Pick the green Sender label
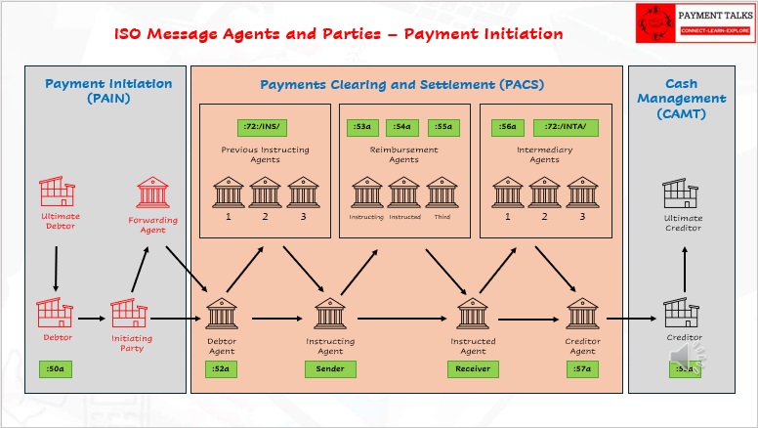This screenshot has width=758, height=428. click(x=330, y=368)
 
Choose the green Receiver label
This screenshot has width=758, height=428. click(x=473, y=368)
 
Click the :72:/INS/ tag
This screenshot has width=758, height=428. click(x=262, y=127)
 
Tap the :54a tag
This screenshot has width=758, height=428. click(x=401, y=127)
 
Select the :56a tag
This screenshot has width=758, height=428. click(x=509, y=127)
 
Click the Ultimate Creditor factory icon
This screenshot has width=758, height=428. click(x=682, y=193)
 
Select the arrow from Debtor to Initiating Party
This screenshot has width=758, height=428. click(x=91, y=318)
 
